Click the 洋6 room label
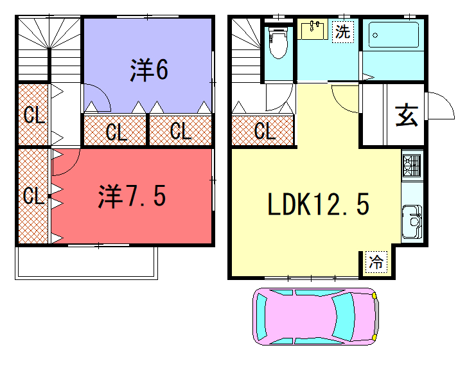click(149, 70)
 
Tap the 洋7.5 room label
click(132, 197)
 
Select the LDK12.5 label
click(319, 204)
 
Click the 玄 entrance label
click(407, 115)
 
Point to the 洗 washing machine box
click(343, 31)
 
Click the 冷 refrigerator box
click(376, 262)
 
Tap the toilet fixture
click(279, 42)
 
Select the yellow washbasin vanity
click(313, 29)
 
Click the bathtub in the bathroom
click(393, 35)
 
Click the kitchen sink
click(412, 221)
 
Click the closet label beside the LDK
click(265, 131)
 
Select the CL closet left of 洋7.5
click(33, 196)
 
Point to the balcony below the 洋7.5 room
click(86, 263)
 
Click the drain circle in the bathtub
click(375, 35)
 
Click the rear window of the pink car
click(261, 317)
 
